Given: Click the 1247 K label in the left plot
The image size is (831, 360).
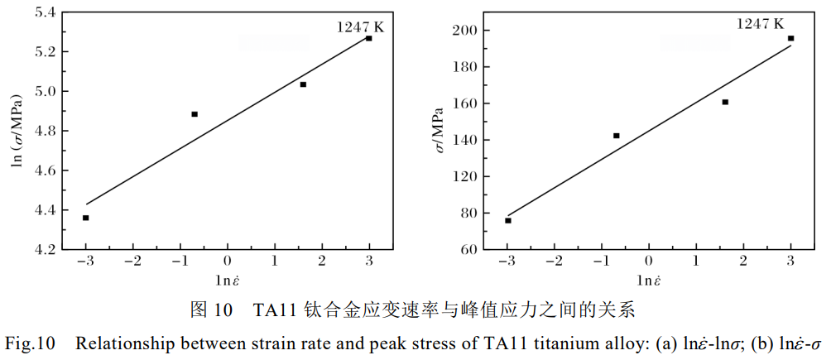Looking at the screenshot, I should [360, 27].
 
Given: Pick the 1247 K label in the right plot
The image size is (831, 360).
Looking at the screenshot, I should [760, 24].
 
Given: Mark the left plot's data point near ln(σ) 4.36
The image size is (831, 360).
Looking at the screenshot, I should [86, 218].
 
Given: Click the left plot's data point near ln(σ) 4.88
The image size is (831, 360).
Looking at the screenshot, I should [195, 114].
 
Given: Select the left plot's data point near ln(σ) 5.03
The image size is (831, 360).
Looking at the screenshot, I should [303, 84].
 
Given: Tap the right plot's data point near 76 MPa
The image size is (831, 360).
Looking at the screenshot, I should [508, 220].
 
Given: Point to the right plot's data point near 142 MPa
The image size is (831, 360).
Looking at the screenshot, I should [617, 136].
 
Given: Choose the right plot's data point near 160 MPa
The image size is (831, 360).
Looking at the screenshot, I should [725, 102].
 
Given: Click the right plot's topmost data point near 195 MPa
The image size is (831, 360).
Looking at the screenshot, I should [790, 38].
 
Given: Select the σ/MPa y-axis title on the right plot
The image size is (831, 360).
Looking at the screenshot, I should [438, 131].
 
